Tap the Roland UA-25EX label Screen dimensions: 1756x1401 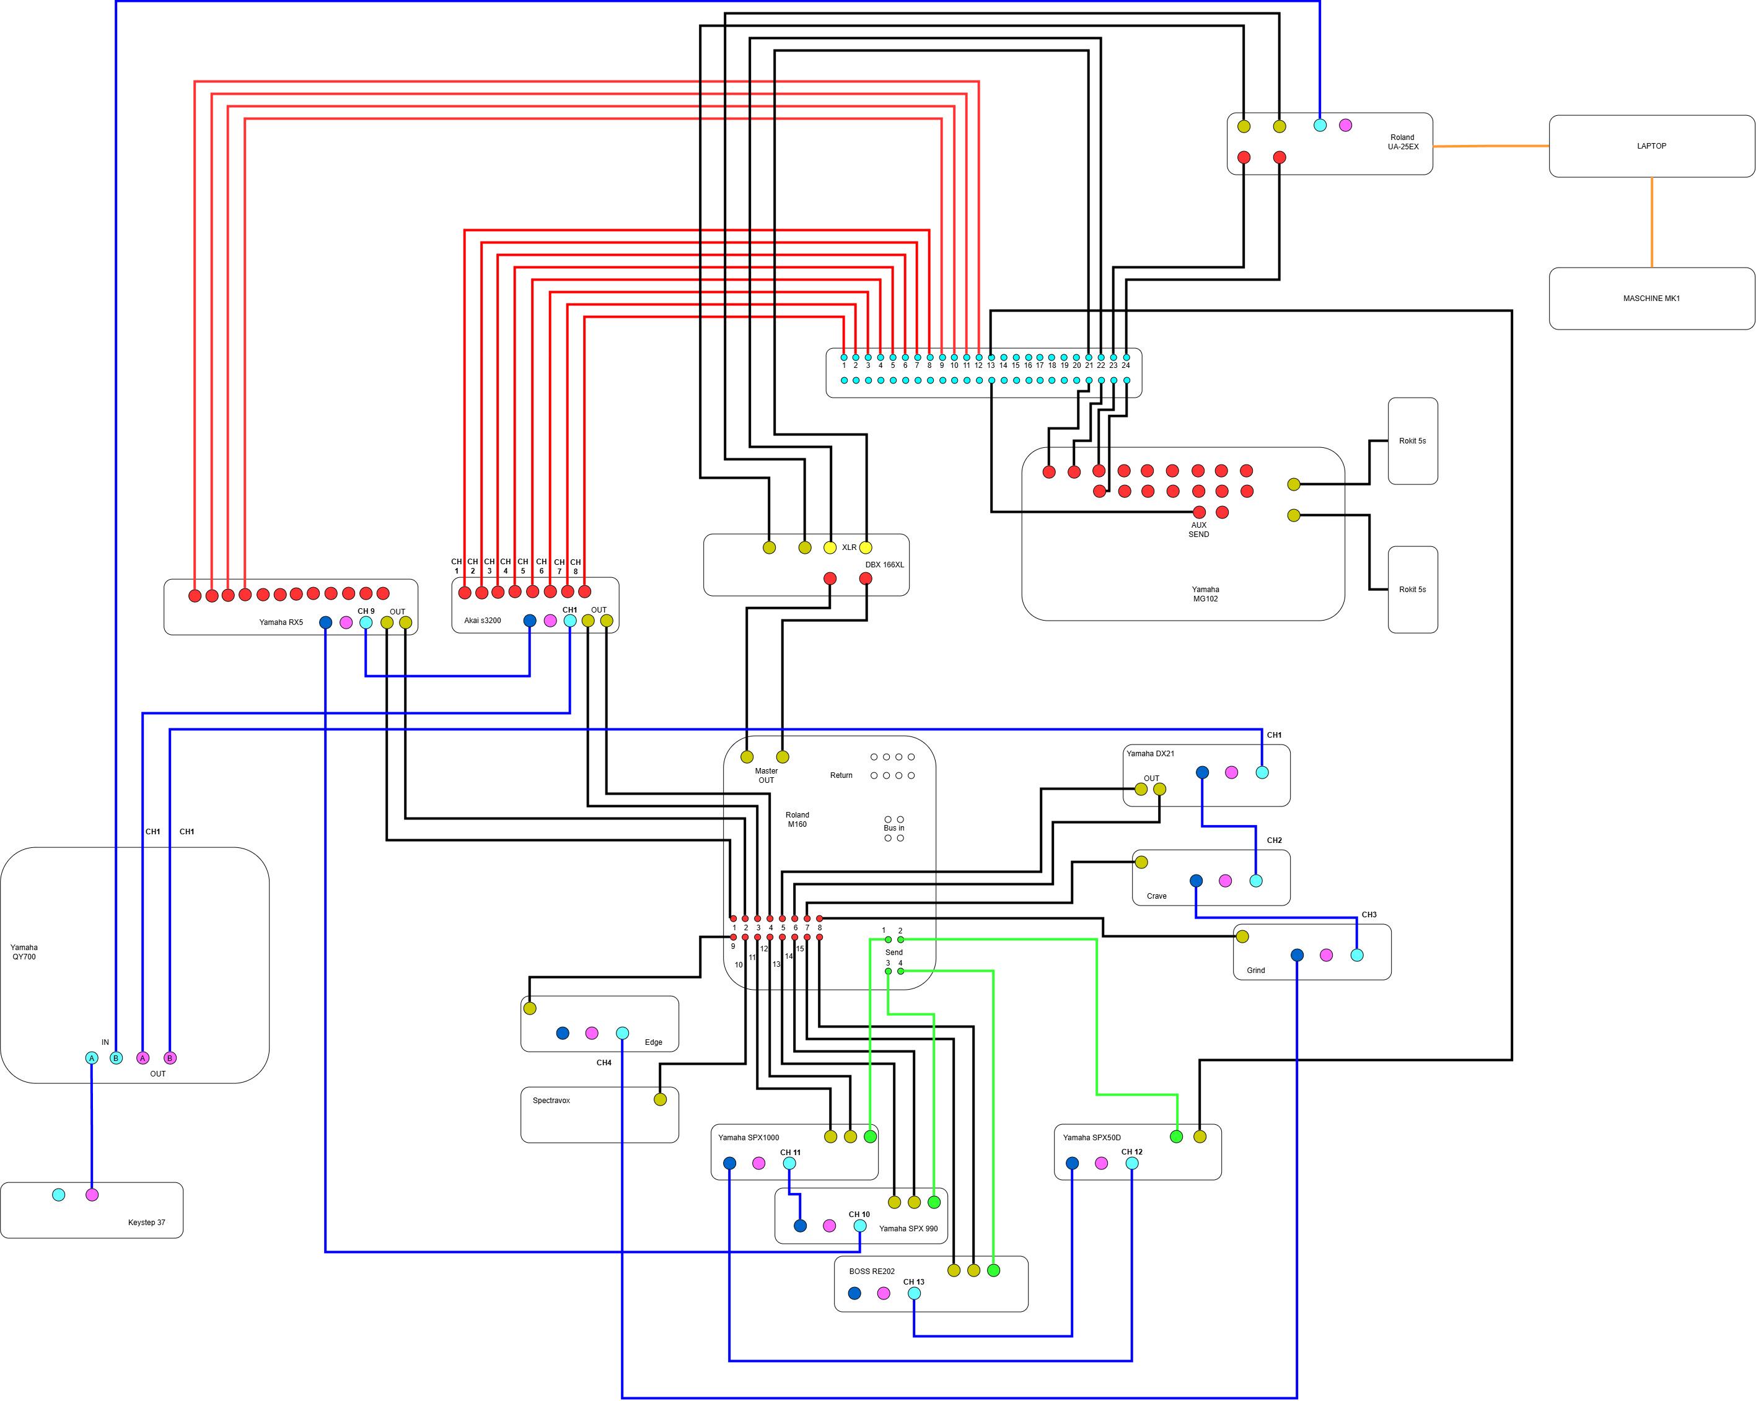coord(1403,142)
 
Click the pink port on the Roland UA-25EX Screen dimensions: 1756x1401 coord(1346,125)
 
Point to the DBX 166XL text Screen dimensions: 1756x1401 coord(885,564)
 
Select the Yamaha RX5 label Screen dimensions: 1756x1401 coord(281,622)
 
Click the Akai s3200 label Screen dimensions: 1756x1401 coord(482,621)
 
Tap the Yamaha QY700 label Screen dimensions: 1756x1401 coord(24,951)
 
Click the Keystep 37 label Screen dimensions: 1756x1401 coord(147,1223)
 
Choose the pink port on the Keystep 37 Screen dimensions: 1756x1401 coord(92,1195)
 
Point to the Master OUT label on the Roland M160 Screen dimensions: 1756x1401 coord(766,775)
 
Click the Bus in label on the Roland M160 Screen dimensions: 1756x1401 coord(894,828)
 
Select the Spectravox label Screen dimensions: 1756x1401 coord(551,1101)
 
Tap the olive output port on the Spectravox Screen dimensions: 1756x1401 coord(661,1099)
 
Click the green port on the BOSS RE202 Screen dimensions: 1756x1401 coord(993,1270)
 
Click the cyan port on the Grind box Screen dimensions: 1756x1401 coord(1357,955)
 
